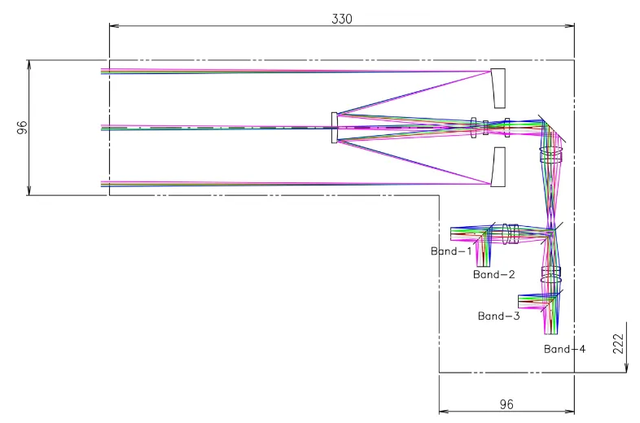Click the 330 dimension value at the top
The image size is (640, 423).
[x=342, y=19]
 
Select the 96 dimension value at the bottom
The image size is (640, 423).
[x=506, y=403]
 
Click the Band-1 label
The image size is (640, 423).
[x=451, y=251]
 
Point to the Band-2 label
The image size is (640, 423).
[x=493, y=275]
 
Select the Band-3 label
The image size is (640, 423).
[x=498, y=316]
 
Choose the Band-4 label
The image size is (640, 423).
[x=565, y=349]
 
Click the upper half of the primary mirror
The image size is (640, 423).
[x=498, y=88]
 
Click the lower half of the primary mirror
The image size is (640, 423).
[x=498, y=167]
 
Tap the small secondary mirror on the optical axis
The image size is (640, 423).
[x=334, y=128]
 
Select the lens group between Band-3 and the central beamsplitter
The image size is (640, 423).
[x=551, y=274]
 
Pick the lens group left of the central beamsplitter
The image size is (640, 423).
[x=510, y=233]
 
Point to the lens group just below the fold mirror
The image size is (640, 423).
[x=550, y=155]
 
